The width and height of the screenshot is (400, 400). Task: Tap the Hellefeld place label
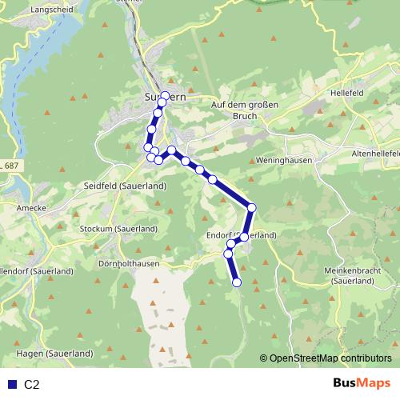pyautogui.click(x=345, y=93)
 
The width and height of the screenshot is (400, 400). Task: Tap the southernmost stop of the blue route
pyautogui.click(x=237, y=282)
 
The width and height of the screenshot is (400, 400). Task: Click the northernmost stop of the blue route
pyautogui.click(x=166, y=96)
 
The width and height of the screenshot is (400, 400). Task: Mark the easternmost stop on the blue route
pyautogui.click(x=251, y=208)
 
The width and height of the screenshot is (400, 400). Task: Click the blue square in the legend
pyautogui.click(x=10, y=384)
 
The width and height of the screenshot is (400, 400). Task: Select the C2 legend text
pyautogui.click(x=31, y=384)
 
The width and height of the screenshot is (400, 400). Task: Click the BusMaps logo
pyautogui.click(x=361, y=383)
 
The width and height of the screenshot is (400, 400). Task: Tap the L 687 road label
pyautogui.click(x=10, y=165)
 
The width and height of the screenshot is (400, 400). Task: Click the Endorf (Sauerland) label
pyautogui.click(x=252, y=235)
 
